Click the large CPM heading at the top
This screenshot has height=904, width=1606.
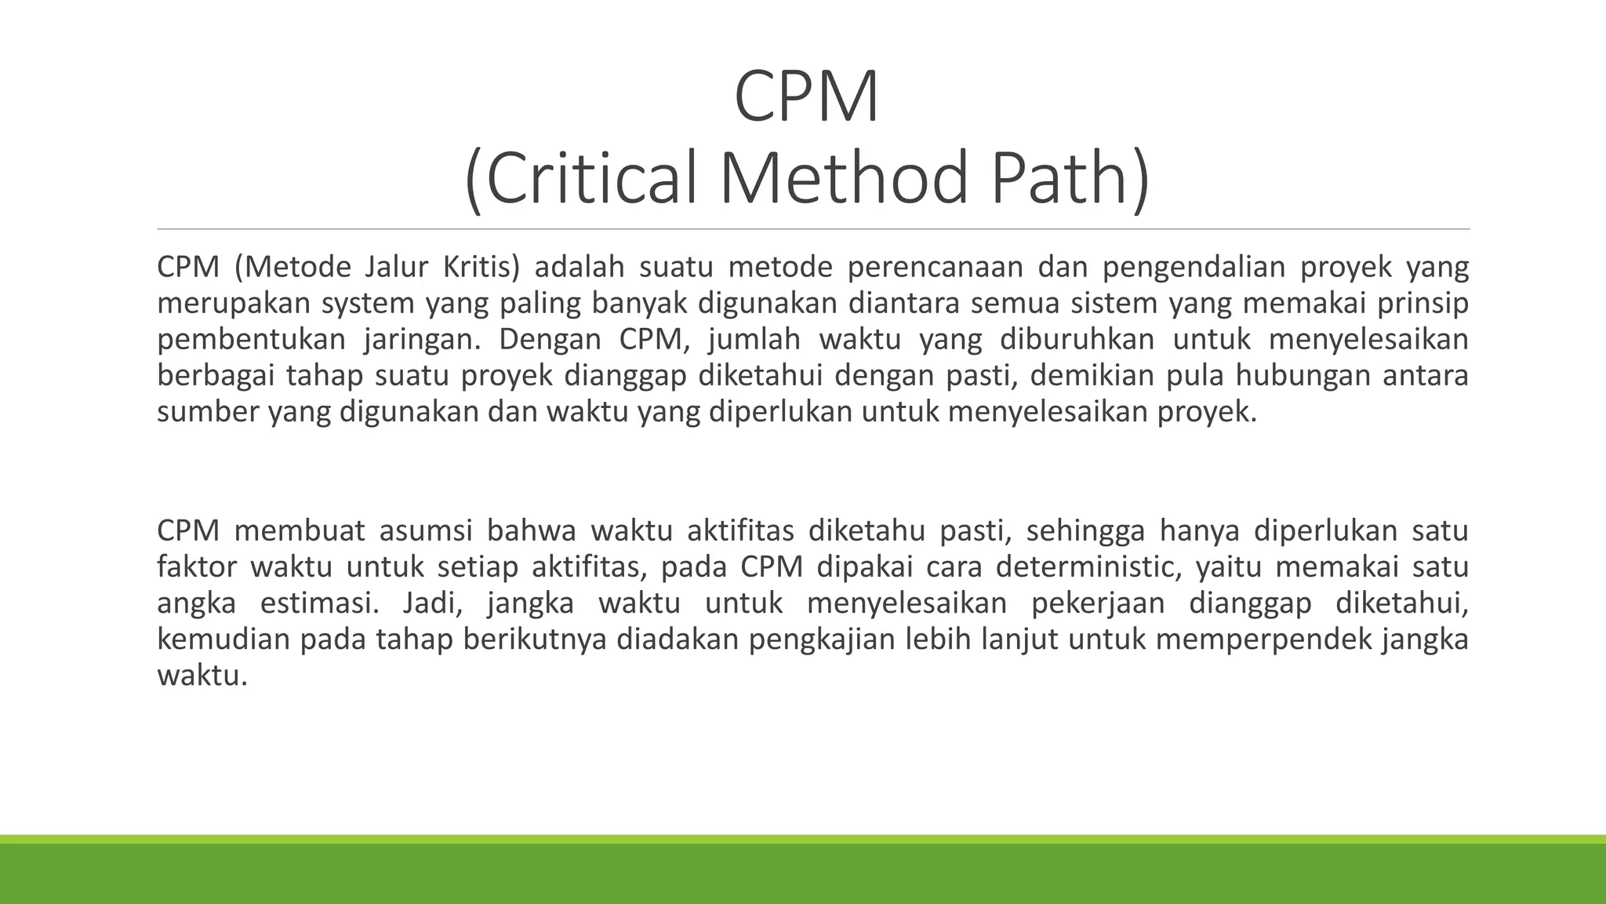(807, 97)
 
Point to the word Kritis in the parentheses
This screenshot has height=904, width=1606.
(480, 268)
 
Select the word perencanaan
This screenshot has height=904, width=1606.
(935, 268)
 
